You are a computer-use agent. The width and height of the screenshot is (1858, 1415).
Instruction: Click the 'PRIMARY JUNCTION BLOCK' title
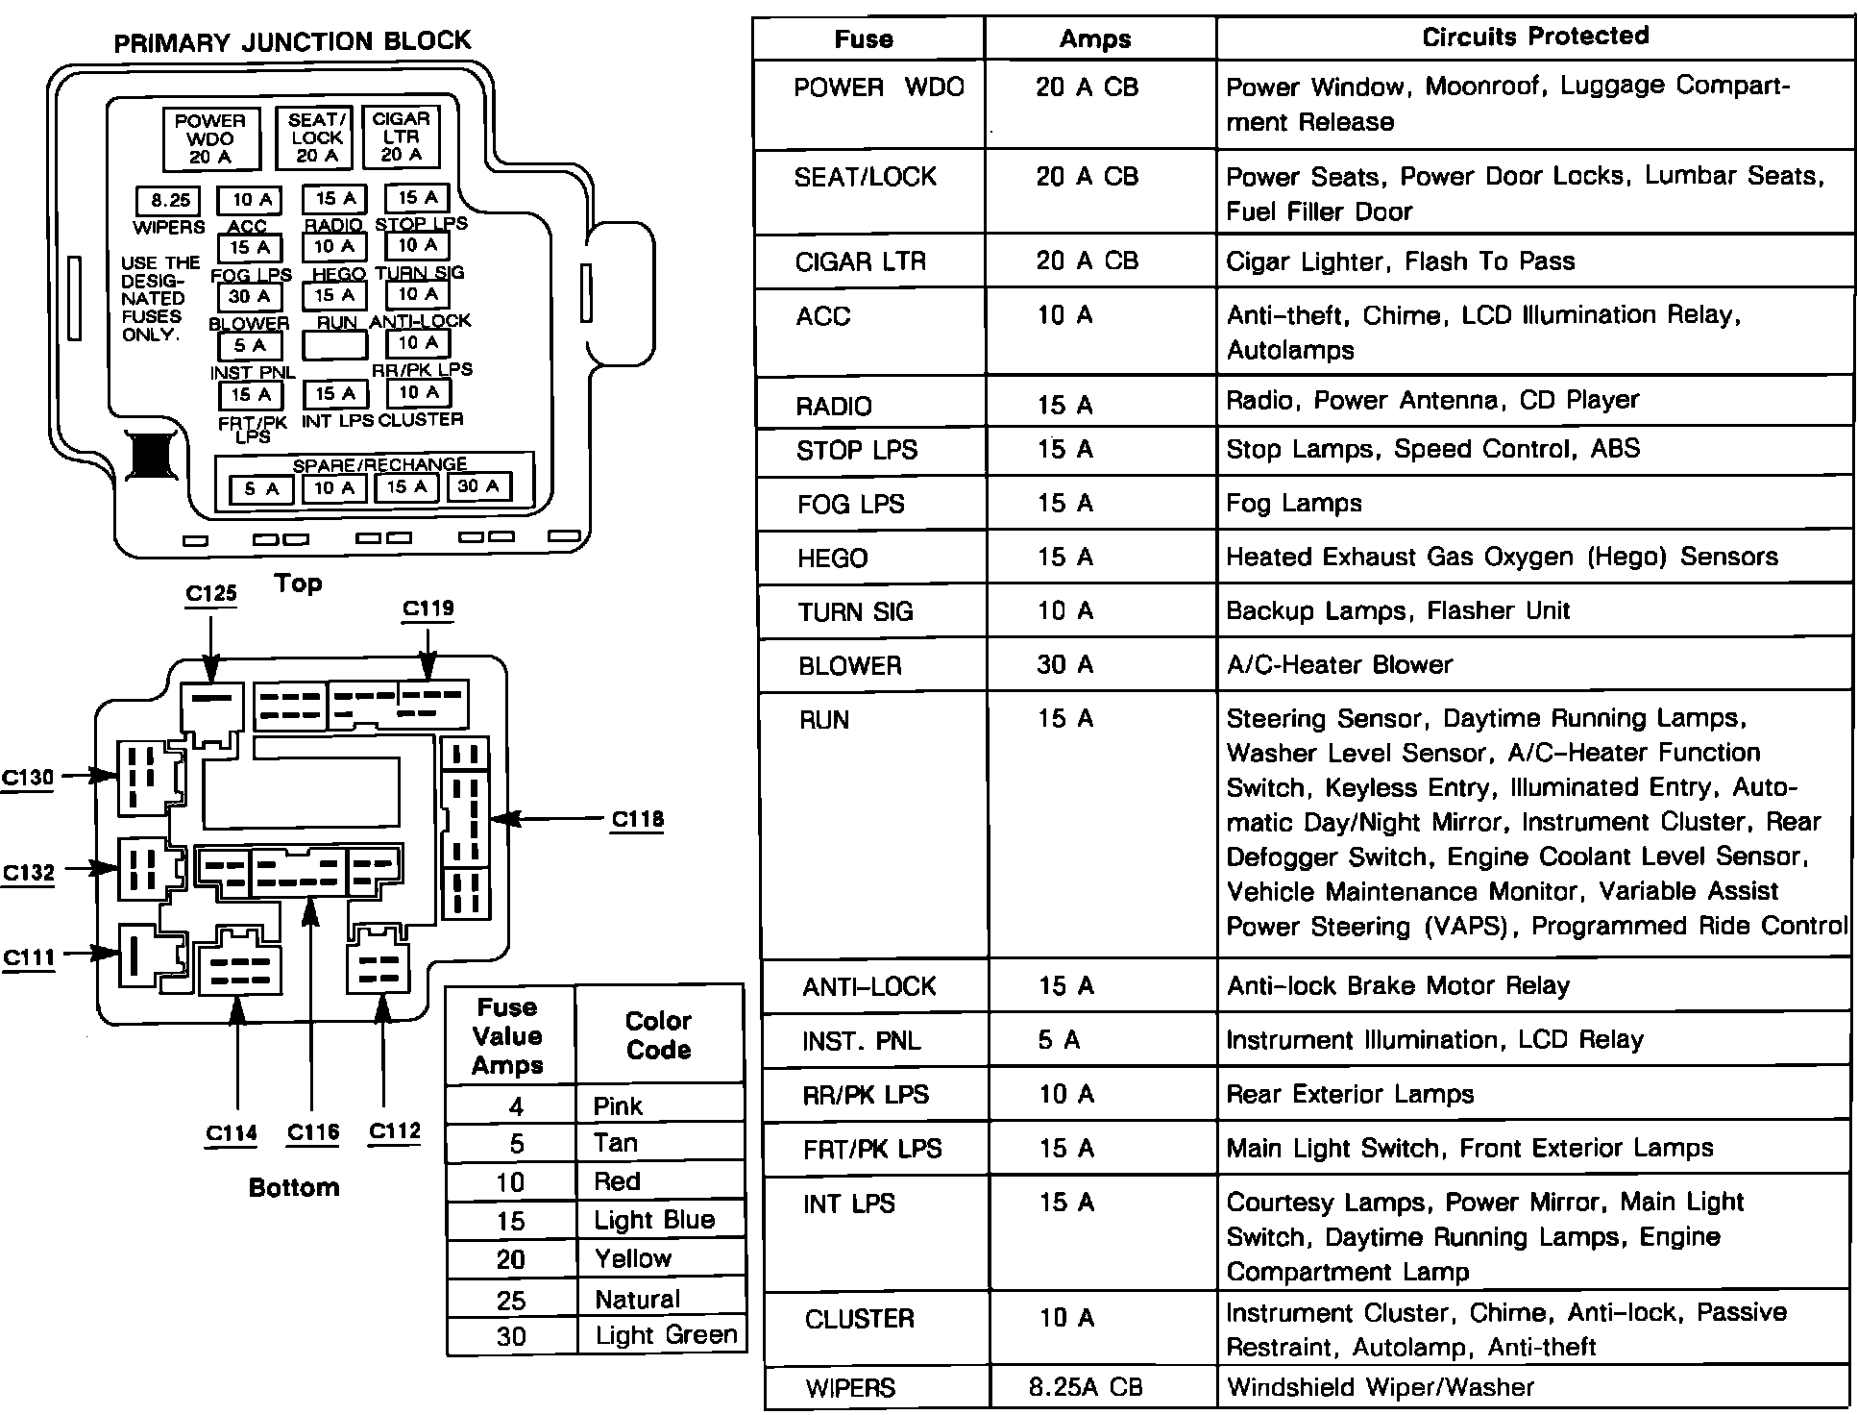pyautogui.click(x=293, y=41)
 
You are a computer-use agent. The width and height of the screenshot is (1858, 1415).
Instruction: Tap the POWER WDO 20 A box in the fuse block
pyautogui.click(x=210, y=138)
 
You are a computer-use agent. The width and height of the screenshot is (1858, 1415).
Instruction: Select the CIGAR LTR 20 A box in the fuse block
pyautogui.click(x=401, y=137)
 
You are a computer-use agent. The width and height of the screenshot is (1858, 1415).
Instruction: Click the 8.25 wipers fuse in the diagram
pyautogui.click(x=170, y=200)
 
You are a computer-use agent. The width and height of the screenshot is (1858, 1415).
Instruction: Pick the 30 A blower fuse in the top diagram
pyautogui.click(x=249, y=296)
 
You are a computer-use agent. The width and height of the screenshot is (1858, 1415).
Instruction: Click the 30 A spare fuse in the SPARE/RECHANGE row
pyautogui.click(x=478, y=486)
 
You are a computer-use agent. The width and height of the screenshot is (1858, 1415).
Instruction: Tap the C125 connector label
pyautogui.click(x=210, y=593)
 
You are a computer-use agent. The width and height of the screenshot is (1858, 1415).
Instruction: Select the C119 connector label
pyautogui.click(x=428, y=608)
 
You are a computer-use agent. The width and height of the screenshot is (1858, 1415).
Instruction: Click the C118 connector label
pyautogui.click(x=637, y=819)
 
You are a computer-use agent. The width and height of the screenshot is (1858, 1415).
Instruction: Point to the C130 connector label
pyautogui.click(x=27, y=777)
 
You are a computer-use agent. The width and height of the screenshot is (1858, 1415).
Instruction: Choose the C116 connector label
pyautogui.click(x=313, y=1132)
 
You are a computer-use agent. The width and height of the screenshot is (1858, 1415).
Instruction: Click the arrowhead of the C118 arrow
pyautogui.click(x=505, y=819)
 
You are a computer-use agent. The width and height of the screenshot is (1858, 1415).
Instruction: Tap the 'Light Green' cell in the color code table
pyautogui.click(x=665, y=1335)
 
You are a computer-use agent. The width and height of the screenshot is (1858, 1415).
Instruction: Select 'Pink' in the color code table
pyautogui.click(x=617, y=1105)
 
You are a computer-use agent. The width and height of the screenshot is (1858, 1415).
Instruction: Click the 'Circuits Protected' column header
pyautogui.click(x=1534, y=37)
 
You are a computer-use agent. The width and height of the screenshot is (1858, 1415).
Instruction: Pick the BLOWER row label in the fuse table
pyautogui.click(x=849, y=665)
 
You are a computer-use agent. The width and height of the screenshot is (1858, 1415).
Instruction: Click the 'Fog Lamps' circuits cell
pyautogui.click(x=1293, y=503)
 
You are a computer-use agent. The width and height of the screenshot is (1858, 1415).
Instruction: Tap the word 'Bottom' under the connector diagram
pyautogui.click(x=293, y=1187)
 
